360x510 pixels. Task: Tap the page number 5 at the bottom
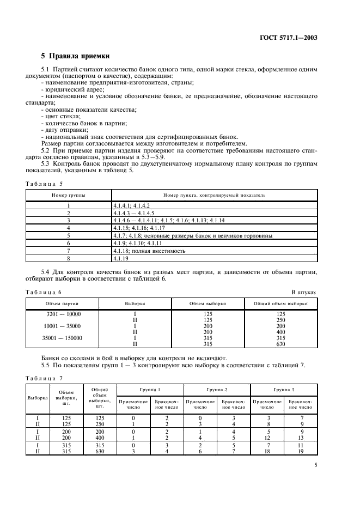pos(316,465)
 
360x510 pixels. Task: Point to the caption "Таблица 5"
pos(45,184)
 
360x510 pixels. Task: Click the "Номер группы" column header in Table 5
pos(69,195)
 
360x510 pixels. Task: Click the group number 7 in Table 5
pos(69,251)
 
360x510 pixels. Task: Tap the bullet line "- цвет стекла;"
pos(60,117)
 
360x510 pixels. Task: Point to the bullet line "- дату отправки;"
pos(64,131)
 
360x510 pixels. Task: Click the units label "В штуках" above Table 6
pos(304,292)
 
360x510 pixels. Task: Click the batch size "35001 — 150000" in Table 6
pos(63,338)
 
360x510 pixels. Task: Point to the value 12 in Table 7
pos(266,437)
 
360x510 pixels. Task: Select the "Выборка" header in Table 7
pos(38,397)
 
